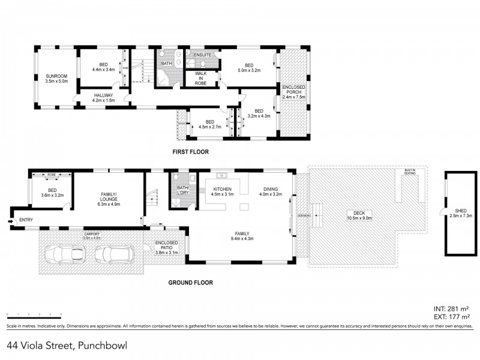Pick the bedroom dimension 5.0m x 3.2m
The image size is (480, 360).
coord(249,70)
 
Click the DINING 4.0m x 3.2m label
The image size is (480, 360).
coord(270,191)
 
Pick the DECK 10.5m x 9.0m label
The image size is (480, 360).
coord(359,215)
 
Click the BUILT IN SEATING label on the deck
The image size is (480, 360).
coord(410,172)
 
